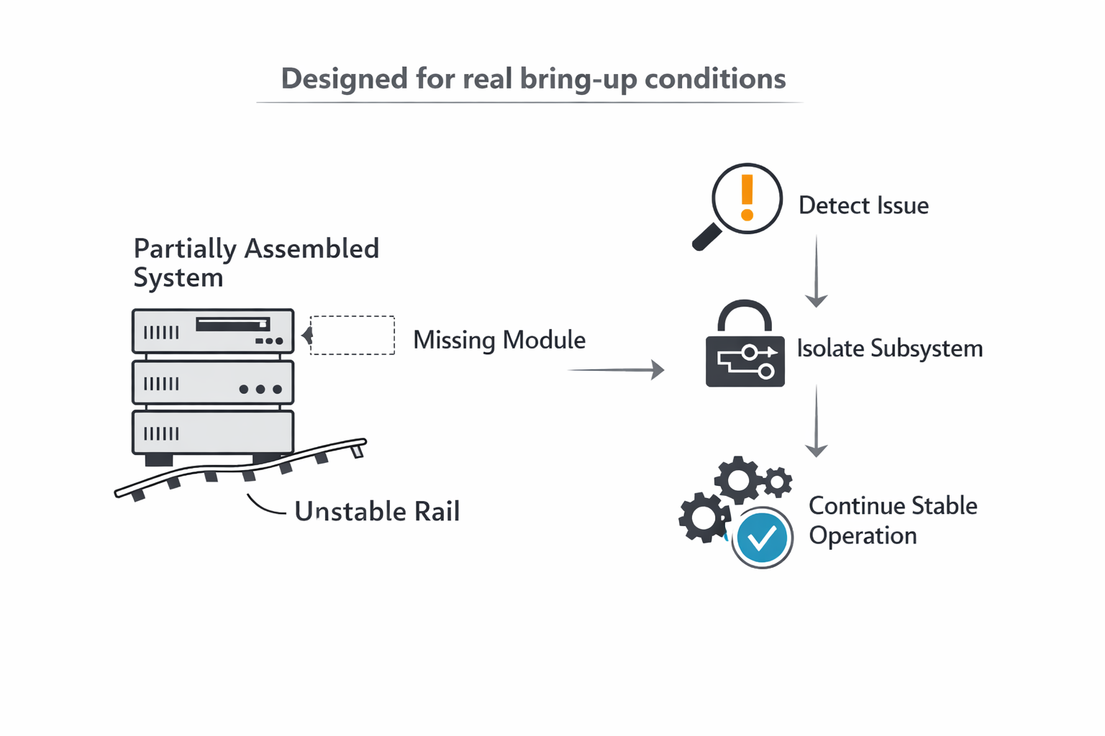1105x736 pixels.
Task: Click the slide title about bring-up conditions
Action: click(x=533, y=78)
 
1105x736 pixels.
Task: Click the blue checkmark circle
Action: click(x=762, y=538)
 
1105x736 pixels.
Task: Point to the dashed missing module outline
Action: click(x=353, y=335)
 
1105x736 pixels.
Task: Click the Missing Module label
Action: click(x=499, y=340)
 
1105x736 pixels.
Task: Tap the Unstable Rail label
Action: click(x=377, y=511)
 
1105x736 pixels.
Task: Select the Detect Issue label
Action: click(x=863, y=206)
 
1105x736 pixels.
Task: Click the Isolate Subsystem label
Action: click(x=889, y=349)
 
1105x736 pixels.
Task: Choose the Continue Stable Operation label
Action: click(x=892, y=520)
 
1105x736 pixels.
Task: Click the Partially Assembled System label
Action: click(x=255, y=263)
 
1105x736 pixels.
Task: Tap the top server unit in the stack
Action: click(x=213, y=331)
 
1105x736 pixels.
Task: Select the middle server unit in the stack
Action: click(x=213, y=382)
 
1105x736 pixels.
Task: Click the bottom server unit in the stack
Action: click(x=213, y=433)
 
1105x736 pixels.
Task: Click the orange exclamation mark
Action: click(x=747, y=196)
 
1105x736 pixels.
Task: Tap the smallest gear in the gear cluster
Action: click(x=778, y=482)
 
